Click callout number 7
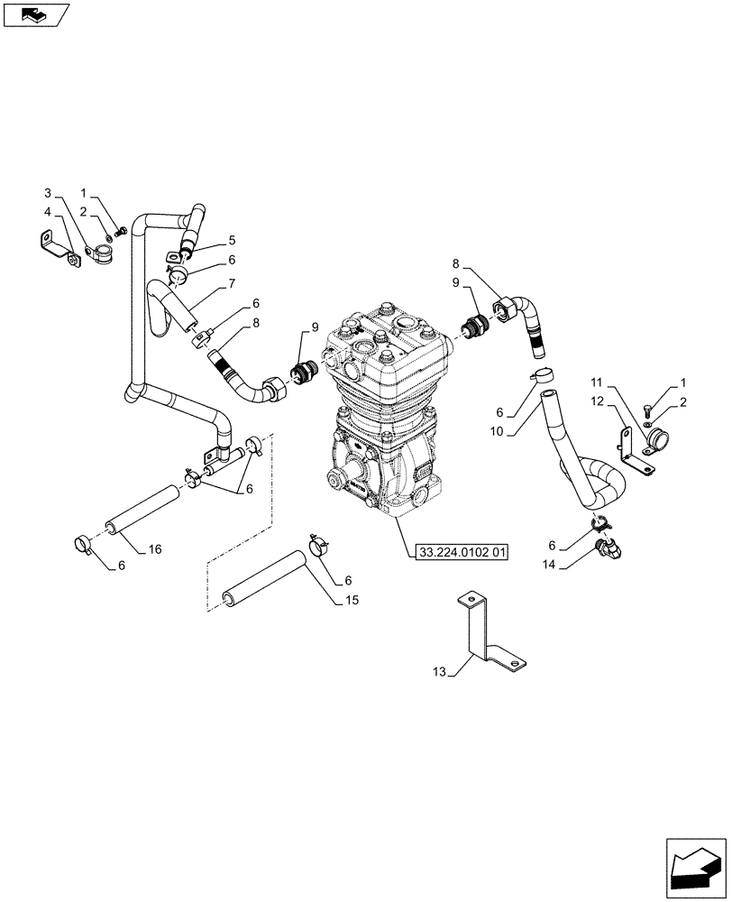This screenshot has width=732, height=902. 232,283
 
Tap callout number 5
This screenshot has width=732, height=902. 232,240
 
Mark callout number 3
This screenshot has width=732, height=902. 48,193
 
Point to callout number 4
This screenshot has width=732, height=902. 48,212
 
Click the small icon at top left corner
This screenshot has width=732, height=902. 34,14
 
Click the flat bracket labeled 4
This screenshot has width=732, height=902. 56,246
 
